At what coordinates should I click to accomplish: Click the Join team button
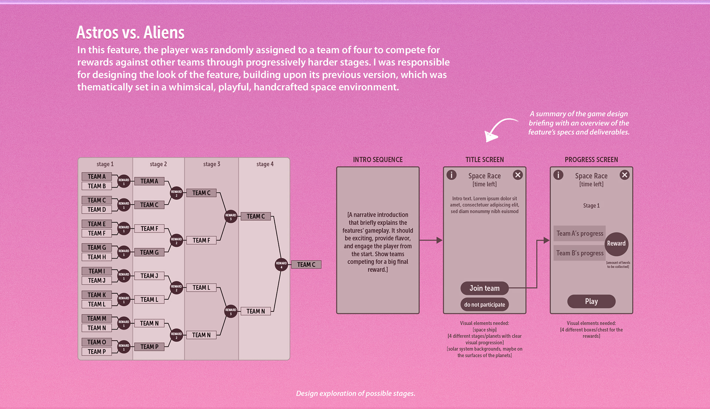click(484, 288)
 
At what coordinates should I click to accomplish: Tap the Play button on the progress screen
click(591, 301)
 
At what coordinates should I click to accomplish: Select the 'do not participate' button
click(484, 304)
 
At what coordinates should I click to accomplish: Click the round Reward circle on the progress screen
click(616, 243)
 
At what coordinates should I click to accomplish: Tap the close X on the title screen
click(518, 175)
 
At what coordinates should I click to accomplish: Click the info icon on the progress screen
click(558, 175)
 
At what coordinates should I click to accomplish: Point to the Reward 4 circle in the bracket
click(281, 265)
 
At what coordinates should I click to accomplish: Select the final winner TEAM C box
click(306, 265)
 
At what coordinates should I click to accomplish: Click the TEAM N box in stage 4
click(256, 311)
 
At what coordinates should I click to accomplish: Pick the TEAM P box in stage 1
click(97, 352)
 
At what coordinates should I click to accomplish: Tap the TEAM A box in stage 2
click(149, 181)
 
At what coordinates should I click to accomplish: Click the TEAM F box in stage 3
click(201, 240)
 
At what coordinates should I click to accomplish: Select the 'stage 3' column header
click(212, 164)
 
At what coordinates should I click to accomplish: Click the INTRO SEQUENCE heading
click(378, 160)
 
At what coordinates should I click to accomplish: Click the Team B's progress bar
click(579, 253)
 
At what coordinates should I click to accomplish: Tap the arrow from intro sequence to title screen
click(431, 240)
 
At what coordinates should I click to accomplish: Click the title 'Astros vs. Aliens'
click(130, 33)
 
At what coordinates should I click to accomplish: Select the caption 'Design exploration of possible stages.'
click(355, 393)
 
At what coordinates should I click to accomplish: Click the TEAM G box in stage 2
click(149, 252)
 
